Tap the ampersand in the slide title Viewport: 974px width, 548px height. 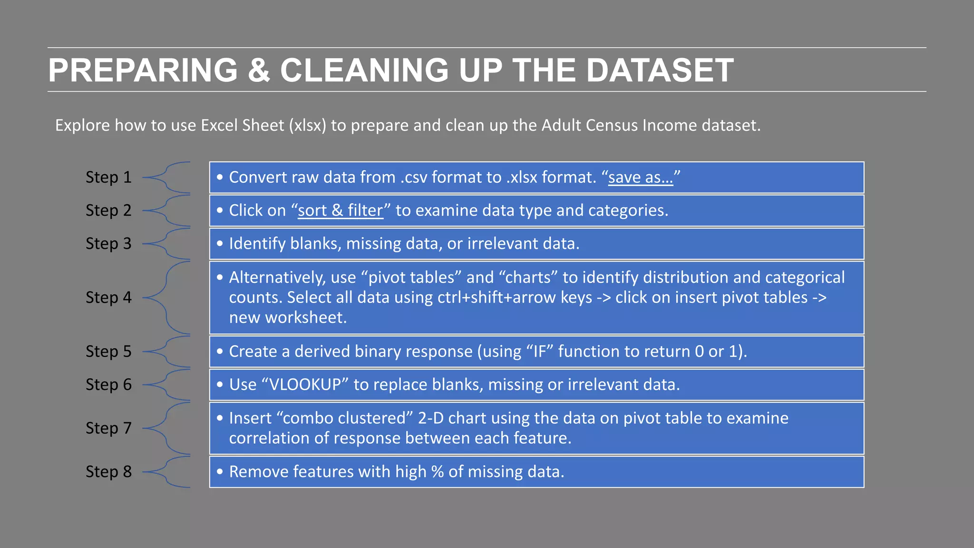(x=259, y=70)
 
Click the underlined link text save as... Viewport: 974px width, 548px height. (x=640, y=177)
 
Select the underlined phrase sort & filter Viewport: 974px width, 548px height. (x=341, y=211)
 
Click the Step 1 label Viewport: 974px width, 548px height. (x=108, y=177)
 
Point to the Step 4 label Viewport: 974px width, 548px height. (x=108, y=298)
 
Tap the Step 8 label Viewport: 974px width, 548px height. (x=108, y=472)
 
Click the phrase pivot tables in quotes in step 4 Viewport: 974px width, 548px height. (x=411, y=278)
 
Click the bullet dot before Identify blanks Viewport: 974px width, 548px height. (x=220, y=244)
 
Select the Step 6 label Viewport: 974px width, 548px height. (x=108, y=385)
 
